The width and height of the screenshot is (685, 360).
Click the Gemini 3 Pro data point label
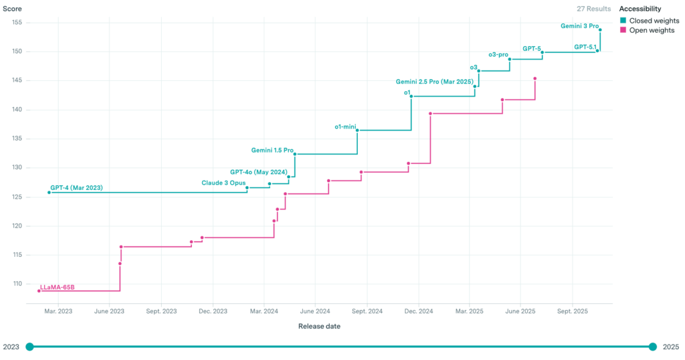[579, 26]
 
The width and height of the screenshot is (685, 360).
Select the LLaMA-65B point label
[58, 287]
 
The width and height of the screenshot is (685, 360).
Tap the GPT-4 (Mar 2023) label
[76, 187]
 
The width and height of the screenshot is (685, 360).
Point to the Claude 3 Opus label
[223, 183]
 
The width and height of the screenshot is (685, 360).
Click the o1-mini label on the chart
[345, 126]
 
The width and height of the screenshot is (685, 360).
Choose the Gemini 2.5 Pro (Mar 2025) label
[434, 82]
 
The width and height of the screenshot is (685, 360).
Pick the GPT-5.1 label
[585, 47]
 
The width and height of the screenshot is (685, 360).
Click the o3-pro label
[498, 54]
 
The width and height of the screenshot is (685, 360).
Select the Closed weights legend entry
[654, 21]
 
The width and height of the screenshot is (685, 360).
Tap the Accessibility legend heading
[640, 9]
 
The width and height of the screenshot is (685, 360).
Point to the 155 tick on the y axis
[17, 23]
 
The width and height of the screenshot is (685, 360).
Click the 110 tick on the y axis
[17, 284]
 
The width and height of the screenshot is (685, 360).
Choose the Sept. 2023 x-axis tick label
[161, 311]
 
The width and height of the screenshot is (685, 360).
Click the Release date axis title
[318, 327]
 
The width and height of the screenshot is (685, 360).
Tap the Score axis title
[13, 9]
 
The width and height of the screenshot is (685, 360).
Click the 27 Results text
[594, 9]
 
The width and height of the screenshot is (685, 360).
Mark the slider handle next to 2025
[653, 347]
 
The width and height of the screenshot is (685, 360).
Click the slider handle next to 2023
[29, 347]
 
